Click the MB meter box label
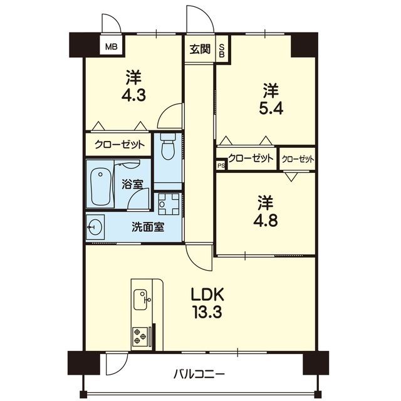coord(112,47)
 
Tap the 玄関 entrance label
coord(200,49)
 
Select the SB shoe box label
coord(222,51)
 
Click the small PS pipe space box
coord(221,165)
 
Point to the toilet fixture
coord(167,146)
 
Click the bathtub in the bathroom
coord(100,186)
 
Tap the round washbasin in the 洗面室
coord(95,227)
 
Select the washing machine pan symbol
coord(169,204)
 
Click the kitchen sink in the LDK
coord(140,299)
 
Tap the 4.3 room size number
coord(133,95)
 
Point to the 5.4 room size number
coord(271,108)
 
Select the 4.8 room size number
coord(266,221)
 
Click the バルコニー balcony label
coord(199,375)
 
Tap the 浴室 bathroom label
coord(132,184)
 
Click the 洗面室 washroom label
coord(148,227)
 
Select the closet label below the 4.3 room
coord(120,145)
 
